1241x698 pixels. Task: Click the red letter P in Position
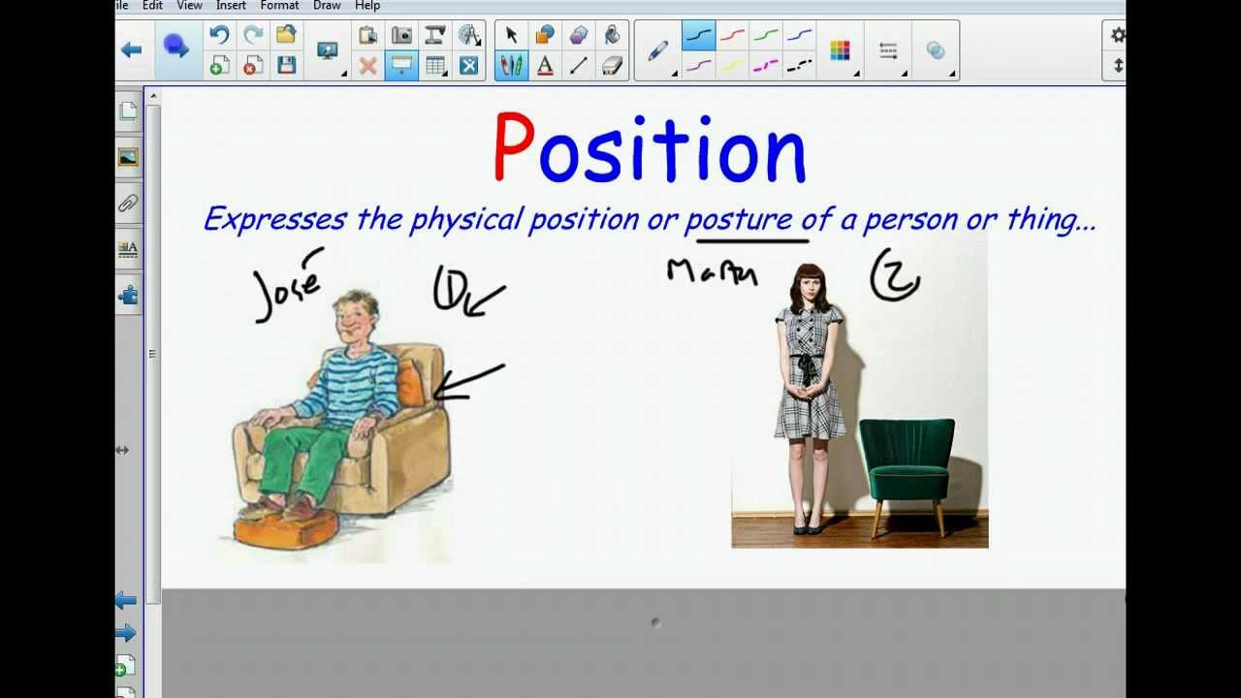click(x=514, y=146)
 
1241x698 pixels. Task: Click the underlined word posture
click(x=739, y=219)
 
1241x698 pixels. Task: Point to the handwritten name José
click(x=287, y=287)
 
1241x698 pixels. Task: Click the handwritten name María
click(x=712, y=272)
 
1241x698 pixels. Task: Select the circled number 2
click(x=895, y=276)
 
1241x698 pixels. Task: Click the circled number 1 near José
click(x=450, y=289)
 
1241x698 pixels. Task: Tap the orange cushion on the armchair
click(x=410, y=383)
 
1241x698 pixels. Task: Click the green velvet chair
click(x=907, y=465)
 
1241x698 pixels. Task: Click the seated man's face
click(x=353, y=320)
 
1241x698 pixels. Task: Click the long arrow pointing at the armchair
click(x=468, y=382)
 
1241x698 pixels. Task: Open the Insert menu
click(x=231, y=6)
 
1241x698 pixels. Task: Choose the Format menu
click(x=279, y=6)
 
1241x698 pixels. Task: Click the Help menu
click(x=367, y=6)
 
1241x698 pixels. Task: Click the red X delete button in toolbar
click(x=367, y=66)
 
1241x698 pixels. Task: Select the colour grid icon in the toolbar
click(x=840, y=50)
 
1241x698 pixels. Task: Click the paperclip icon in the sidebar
click(x=128, y=204)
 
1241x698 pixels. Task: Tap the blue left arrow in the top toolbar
click(x=132, y=49)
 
